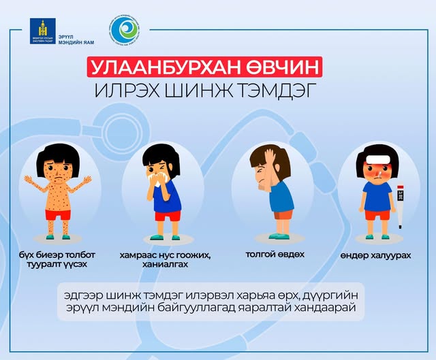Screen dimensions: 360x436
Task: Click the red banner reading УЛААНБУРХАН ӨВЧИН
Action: pos(204,69)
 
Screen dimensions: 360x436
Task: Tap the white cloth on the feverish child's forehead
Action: pos(377,161)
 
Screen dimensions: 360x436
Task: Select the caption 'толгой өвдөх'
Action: pos(275,255)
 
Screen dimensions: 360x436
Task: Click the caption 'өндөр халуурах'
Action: pos(377,255)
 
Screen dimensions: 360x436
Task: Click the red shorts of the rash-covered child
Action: pos(58,214)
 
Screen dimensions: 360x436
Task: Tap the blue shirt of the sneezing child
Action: pos(166,197)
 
